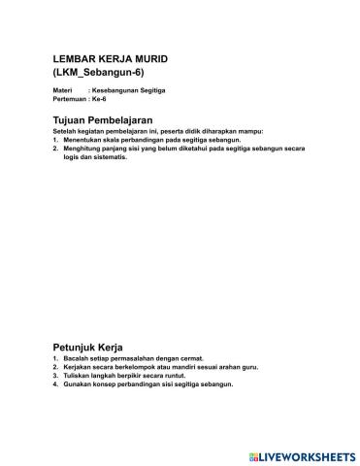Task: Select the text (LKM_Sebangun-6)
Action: (x=98, y=74)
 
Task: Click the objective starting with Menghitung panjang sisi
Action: (x=175, y=148)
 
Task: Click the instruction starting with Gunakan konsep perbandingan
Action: (x=149, y=385)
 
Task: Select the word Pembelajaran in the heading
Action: (x=143, y=118)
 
